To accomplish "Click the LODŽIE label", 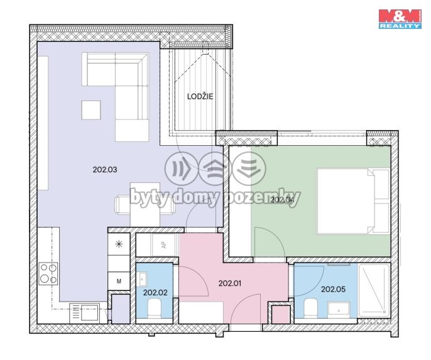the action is [x=200, y=96].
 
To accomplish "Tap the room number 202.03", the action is [x=105, y=170].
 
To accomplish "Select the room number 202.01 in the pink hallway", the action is [x=230, y=283].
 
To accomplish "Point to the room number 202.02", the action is [x=155, y=292].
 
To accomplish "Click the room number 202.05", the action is [x=333, y=289].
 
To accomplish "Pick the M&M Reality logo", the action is [x=400, y=19].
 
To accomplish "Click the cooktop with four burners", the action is [x=48, y=273].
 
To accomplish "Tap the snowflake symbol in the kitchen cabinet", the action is [x=119, y=244].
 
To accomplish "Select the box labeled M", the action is [x=119, y=281].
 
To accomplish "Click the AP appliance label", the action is [x=164, y=244].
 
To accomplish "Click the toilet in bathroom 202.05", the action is [x=311, y=308].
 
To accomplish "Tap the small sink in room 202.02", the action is [x=143, y=279].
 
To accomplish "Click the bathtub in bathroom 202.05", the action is [x=374, y=291].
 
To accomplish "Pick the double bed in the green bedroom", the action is [x=353, y=201].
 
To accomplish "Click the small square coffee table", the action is [x=91, y=110].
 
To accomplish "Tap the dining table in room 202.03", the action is [x=145, y=204].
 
